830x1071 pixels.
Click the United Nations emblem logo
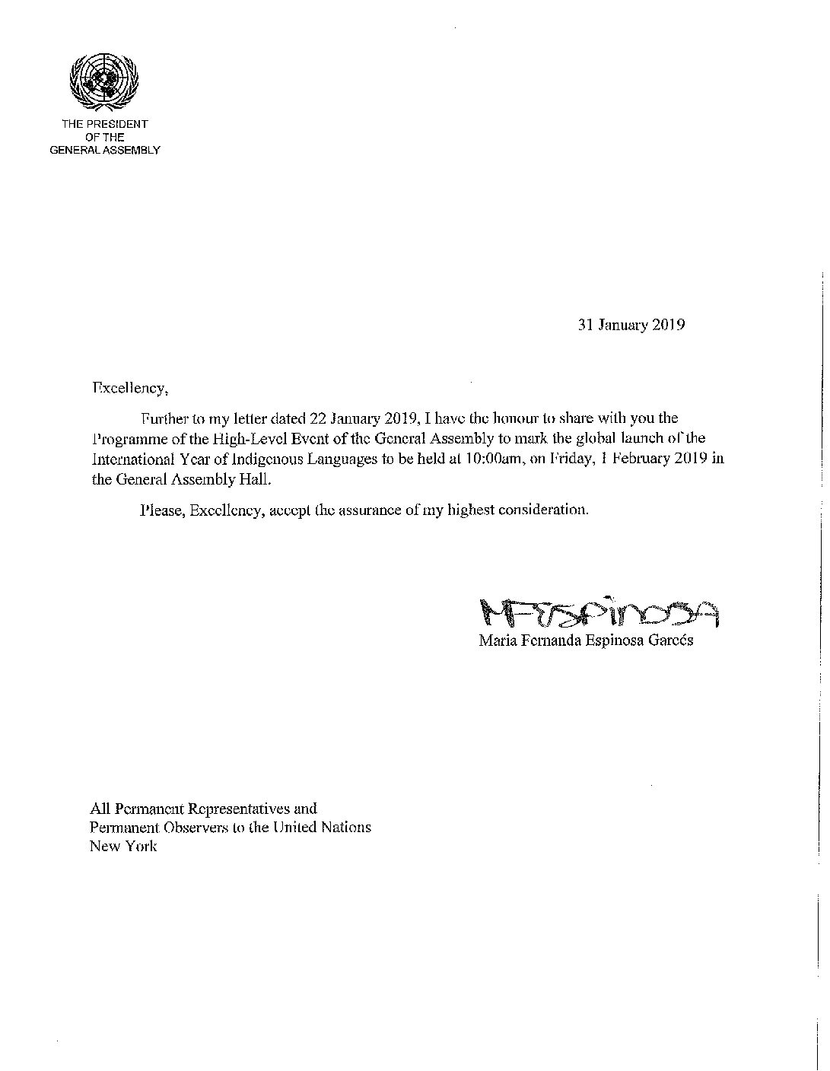[104, 80]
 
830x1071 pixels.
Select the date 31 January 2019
[631, 325]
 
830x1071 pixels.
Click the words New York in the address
[123, 846]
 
